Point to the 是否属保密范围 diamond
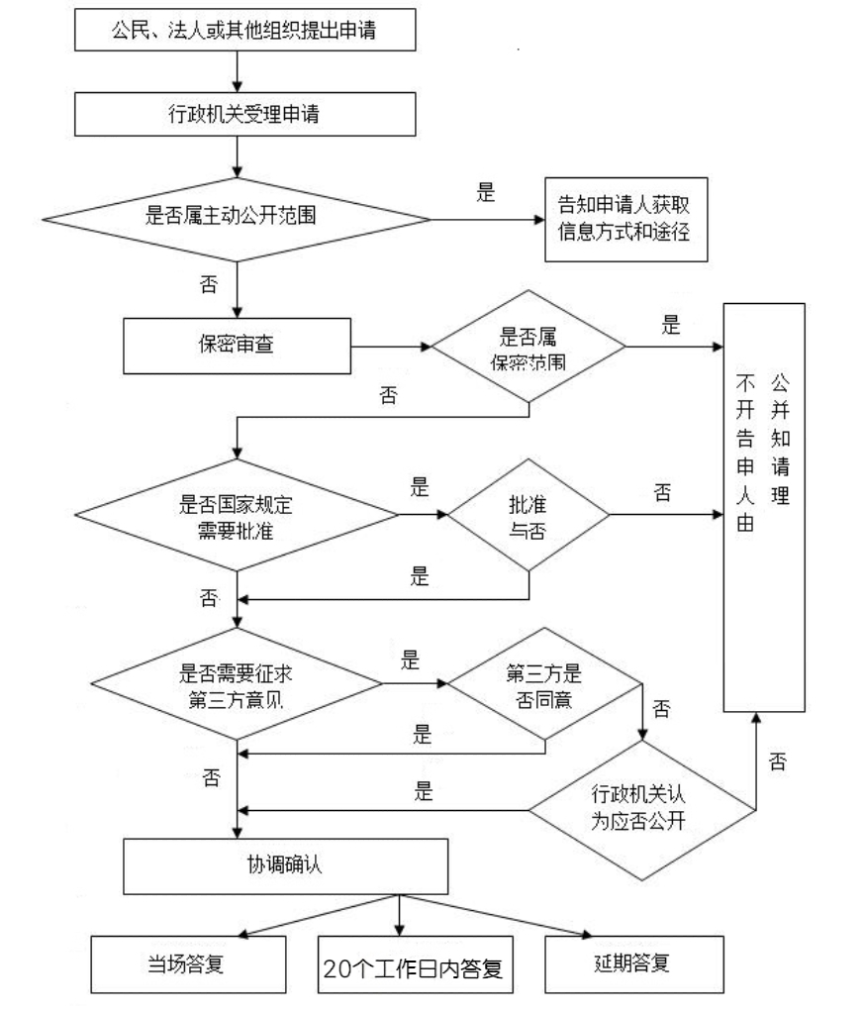point(529,347)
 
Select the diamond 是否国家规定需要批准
point(238,514)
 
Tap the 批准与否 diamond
point(529,515)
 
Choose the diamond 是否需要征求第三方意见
point(238,683)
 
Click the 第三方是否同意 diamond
point(544,683)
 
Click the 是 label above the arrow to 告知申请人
point(485,195)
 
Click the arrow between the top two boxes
point(238,72)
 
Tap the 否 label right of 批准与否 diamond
point(662,492)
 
